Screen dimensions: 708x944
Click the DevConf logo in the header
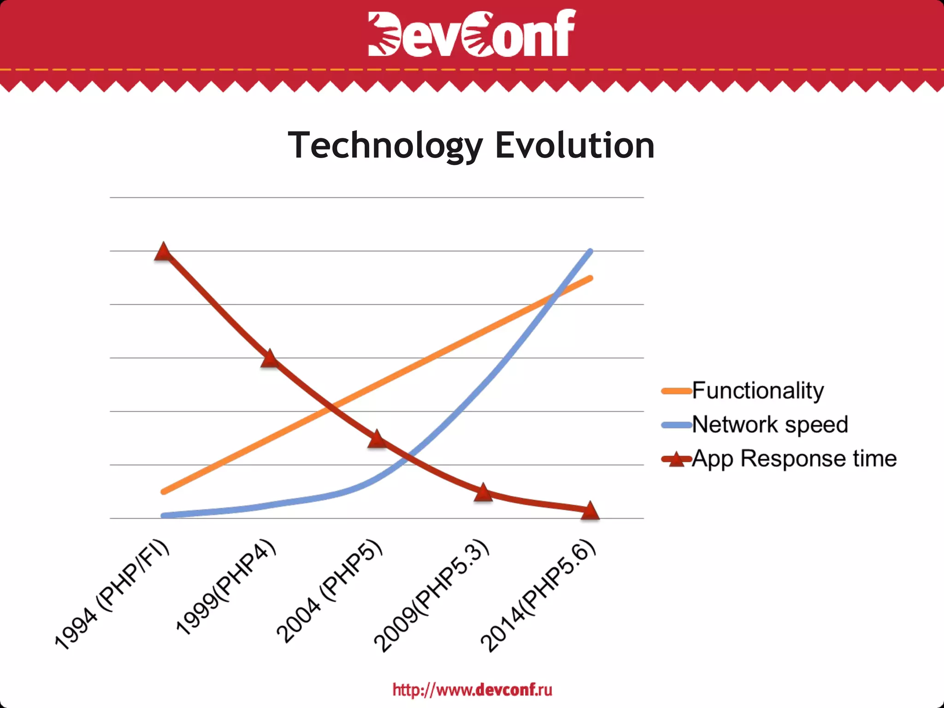click(x=472, y=33)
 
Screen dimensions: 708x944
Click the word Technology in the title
click(x=385, y=145)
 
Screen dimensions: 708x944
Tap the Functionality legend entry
click(x=757, y=390)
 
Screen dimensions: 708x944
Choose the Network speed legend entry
click(x=769, y=425)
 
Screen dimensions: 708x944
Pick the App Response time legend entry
click(x=794, y=459)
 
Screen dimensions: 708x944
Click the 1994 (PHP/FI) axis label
click(x=112, y=595)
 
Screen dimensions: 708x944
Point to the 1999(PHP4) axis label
click(x=226, y=588)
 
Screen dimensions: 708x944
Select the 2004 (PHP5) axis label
click(x=330, y=591)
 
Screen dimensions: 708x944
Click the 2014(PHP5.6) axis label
click(x=538, y=596)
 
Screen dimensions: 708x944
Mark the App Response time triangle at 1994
click(x=163, y=252)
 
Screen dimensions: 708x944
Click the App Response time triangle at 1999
click(x=270, y=359)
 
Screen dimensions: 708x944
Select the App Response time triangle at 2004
click(x=377, y=439)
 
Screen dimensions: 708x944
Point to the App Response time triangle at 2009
click(x=484, y=493)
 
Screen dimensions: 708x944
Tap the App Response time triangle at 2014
click(x=590, y=511)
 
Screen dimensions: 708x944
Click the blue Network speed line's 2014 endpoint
click(x=590, y=251)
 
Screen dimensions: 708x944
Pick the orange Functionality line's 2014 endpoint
click(x=590, y=278)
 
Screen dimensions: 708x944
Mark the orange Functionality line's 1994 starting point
click(x=163, y=492)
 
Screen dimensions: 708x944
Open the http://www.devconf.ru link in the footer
click(x=472, y=690)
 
